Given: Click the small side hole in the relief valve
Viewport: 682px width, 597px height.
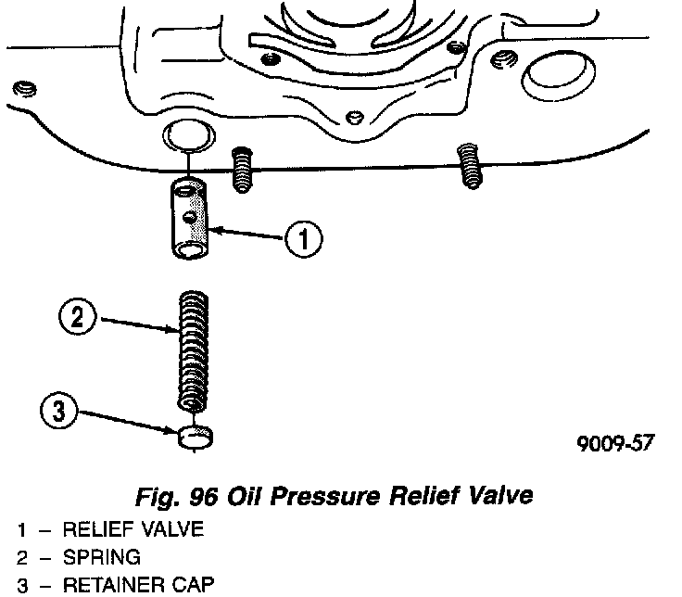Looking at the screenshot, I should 190,216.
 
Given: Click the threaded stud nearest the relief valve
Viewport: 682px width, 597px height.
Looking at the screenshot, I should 242,168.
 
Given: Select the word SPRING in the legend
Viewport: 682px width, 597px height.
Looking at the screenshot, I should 102,558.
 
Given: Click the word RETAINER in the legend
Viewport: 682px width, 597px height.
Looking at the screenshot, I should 109,586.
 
